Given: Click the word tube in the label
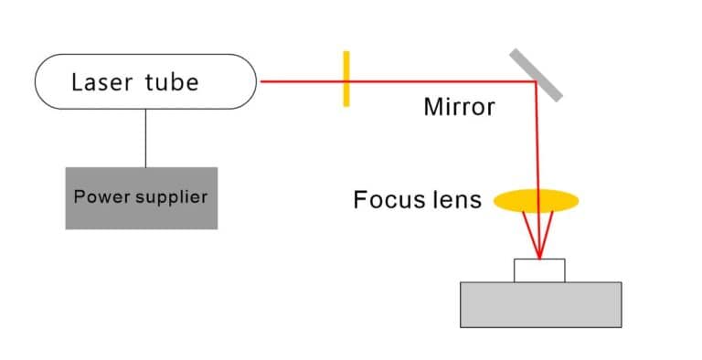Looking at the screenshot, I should pyautogui.click(x=171, y=82).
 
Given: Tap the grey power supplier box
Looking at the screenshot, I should pyautogui.click(x=142, y=216).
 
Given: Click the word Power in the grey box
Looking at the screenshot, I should pyautogui.click(x=96, y=196).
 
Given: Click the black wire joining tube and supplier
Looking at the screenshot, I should pyautogui.click(x=145, y=138).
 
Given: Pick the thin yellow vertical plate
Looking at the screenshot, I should pyautogui.click(x=346, y=79).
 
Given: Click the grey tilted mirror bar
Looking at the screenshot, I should pyautogui.click(x=537, y=72).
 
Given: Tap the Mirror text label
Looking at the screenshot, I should pyautogui.click(x=459, y=107).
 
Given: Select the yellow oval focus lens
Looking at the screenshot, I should pyautogui.click(x=537, y=199).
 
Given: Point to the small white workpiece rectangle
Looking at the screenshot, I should pyautogui.click(x=539, y=270).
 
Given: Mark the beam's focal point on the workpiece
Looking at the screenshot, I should pyautogui.click(x=539, y=259).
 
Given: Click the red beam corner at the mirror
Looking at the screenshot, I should pyautogui.click(x=536, y=82).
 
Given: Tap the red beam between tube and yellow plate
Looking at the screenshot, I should pyautogui.click(x=302, y=81).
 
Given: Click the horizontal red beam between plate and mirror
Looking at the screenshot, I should pyautogui.click(x=439, y=81).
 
